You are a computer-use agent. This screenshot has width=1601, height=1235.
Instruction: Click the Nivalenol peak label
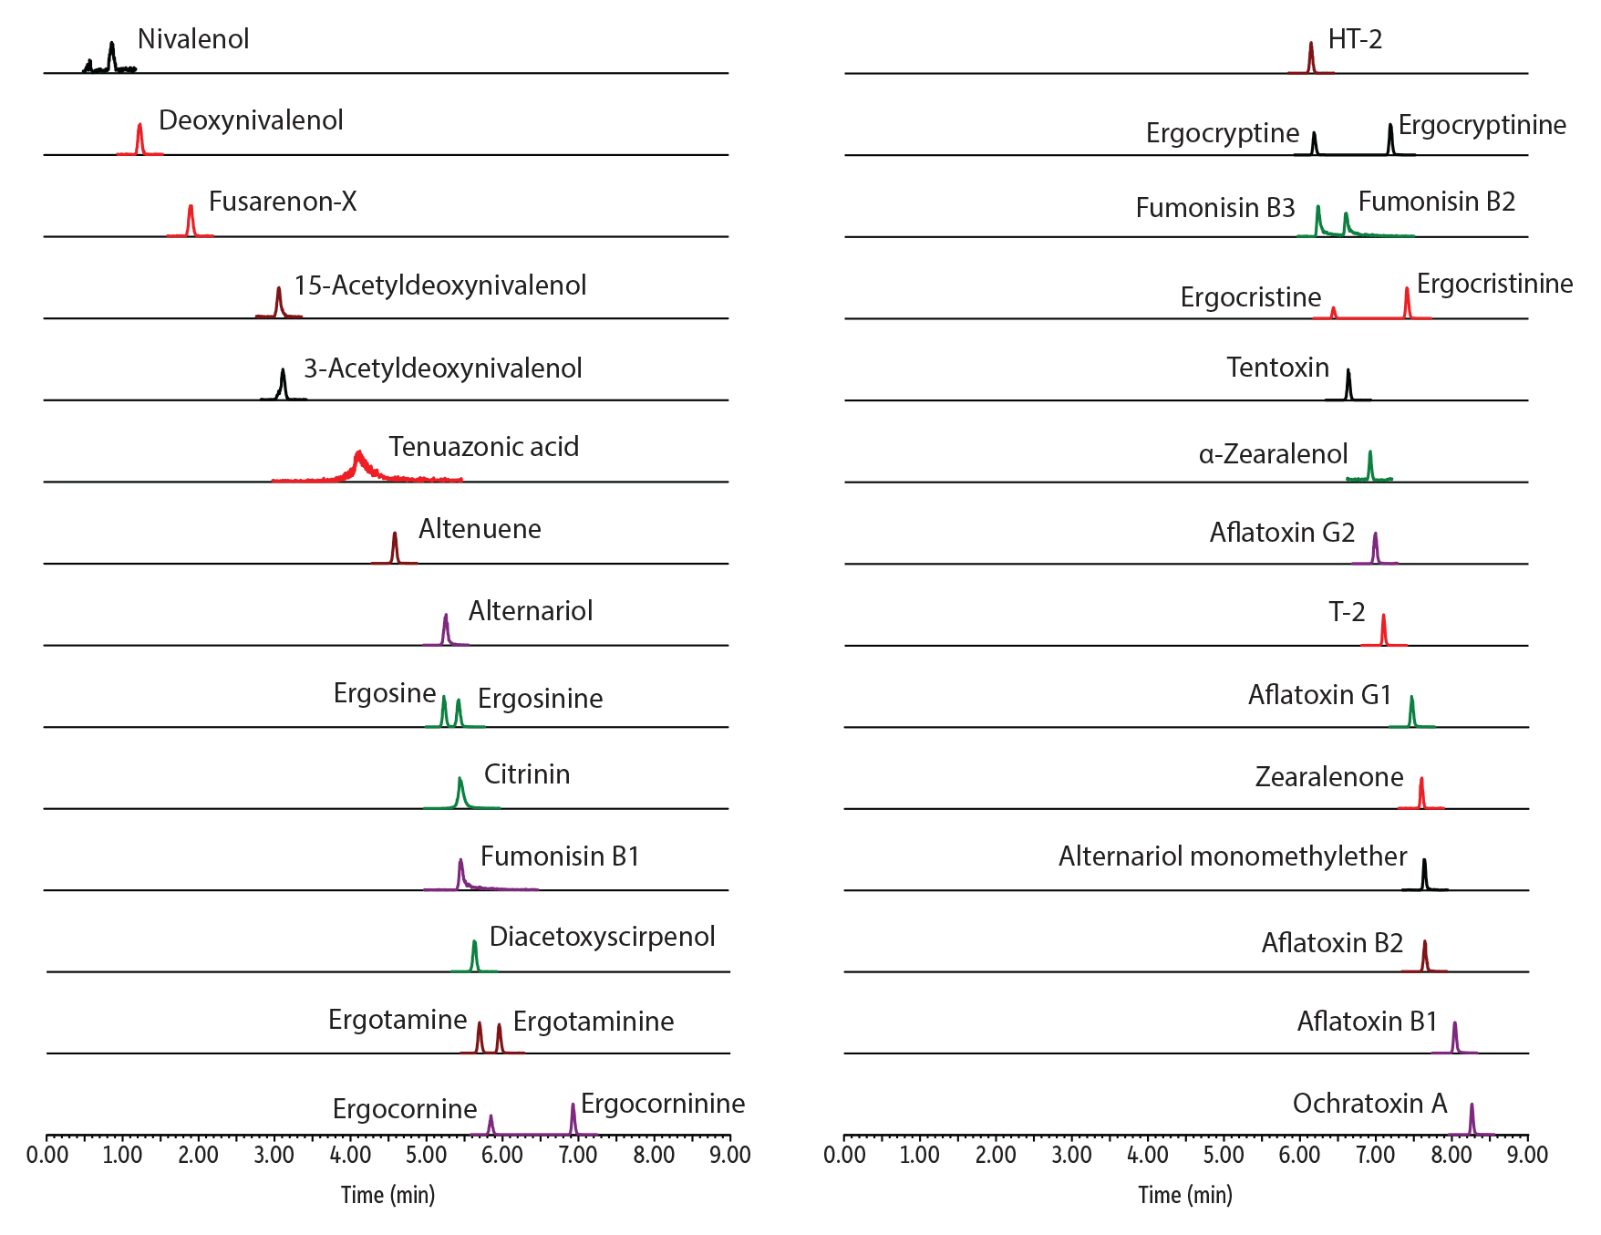pyautogui.click(x=193, y=39)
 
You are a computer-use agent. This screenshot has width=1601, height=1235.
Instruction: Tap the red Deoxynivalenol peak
pyautogui.click(x=139, y=140)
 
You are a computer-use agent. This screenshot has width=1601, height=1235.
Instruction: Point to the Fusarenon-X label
pyautogui.click(x=283, y=202)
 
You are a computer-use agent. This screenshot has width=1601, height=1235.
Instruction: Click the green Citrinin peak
pyautogui.click(x=460, y=793)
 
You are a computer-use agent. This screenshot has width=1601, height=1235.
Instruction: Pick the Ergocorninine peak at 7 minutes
pyautogui.click(x=573, y=1119)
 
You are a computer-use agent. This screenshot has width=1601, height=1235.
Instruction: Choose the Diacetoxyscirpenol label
pyautogui.click(x=602, y=937)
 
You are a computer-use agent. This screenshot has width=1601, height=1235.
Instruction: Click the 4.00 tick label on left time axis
pyautogui.click(x=350, y=1156)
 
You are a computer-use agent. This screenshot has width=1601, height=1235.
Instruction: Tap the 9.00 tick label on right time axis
pyautogui.click(x=1527, y=1156)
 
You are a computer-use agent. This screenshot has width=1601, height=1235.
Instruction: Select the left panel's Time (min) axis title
pyautogui.click(x=387, y=1195)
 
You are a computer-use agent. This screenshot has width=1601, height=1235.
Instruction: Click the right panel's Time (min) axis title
pyautogui.click(x=1185, y=1195)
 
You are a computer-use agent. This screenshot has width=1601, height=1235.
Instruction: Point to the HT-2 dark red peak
pyautogui.click(x=1311, y=57)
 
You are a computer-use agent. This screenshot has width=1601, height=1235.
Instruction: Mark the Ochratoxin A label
pyautogui.click(x=1369, y=1104)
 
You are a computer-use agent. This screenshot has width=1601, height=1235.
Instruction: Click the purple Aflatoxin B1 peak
pyautogui.click(x=1455, y=1037)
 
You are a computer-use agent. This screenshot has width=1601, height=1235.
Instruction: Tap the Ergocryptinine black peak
pyautogui.click(x=1390, y=140)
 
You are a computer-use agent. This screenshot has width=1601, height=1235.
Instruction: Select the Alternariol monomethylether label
pyautogui.click(x=1233, y=856)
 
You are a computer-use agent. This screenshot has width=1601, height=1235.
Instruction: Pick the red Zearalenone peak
pyautogui.click(x=1421, y=793)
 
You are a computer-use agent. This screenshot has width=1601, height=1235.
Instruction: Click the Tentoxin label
pyautogui.click(x=1277, y=368)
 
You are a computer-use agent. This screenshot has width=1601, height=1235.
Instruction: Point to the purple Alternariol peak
pyautogui.click(x=446, y=629)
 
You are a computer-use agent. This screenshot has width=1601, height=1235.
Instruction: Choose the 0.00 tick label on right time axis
pyautogui.click(x=844, y=1156)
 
